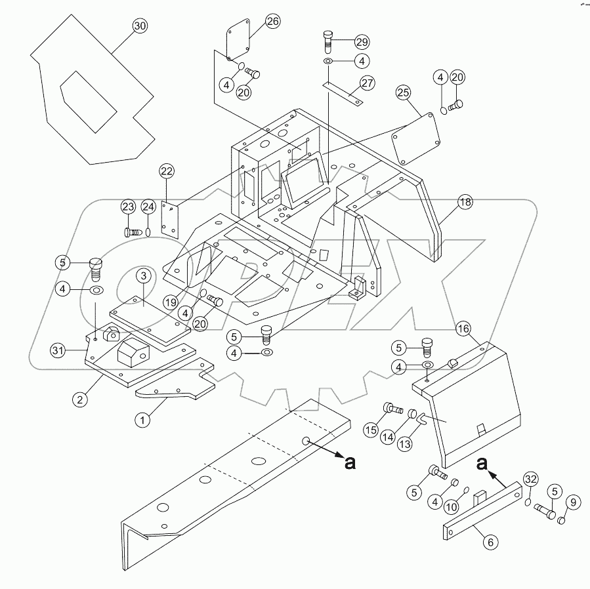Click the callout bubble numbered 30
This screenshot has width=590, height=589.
point(140,26)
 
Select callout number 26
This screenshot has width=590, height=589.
point(272,22)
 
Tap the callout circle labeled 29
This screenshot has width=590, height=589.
point(362,41)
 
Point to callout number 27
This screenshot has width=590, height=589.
point(367,83)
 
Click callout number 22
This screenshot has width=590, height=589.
point(167,171)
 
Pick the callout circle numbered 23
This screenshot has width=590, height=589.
point(129,207)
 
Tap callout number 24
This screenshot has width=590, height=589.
point(149,207)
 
